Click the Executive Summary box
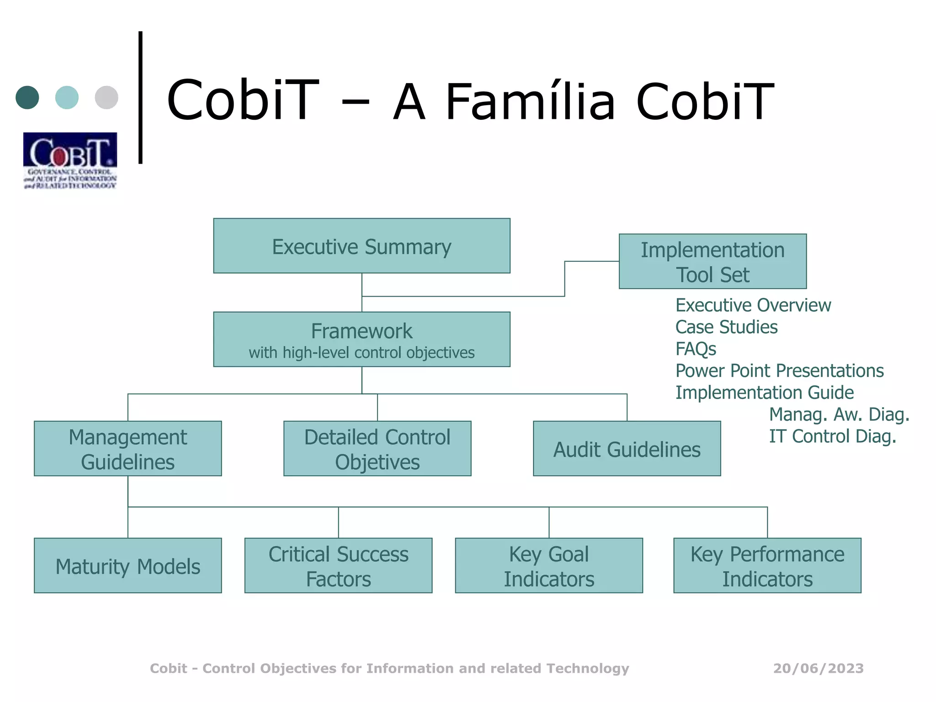point(362,246)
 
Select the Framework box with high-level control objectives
point(362,339)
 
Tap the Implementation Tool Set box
point(713,261)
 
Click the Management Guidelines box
point(128,448)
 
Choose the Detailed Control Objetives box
point(377,448)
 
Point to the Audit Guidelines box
point(627,448)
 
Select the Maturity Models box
point(128,565)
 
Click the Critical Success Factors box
point(338,565)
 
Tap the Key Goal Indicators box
point(548,565)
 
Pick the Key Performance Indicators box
point(767,565)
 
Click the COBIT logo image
point(70,160)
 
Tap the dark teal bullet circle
point(27,97)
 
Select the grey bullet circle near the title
point(106,97)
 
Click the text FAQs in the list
point(696,349)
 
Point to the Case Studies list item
point(726,327)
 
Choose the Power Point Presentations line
point(779,371)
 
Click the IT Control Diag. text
point(832,436)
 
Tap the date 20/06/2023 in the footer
point(818,668)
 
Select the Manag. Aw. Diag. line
point(839,414)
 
